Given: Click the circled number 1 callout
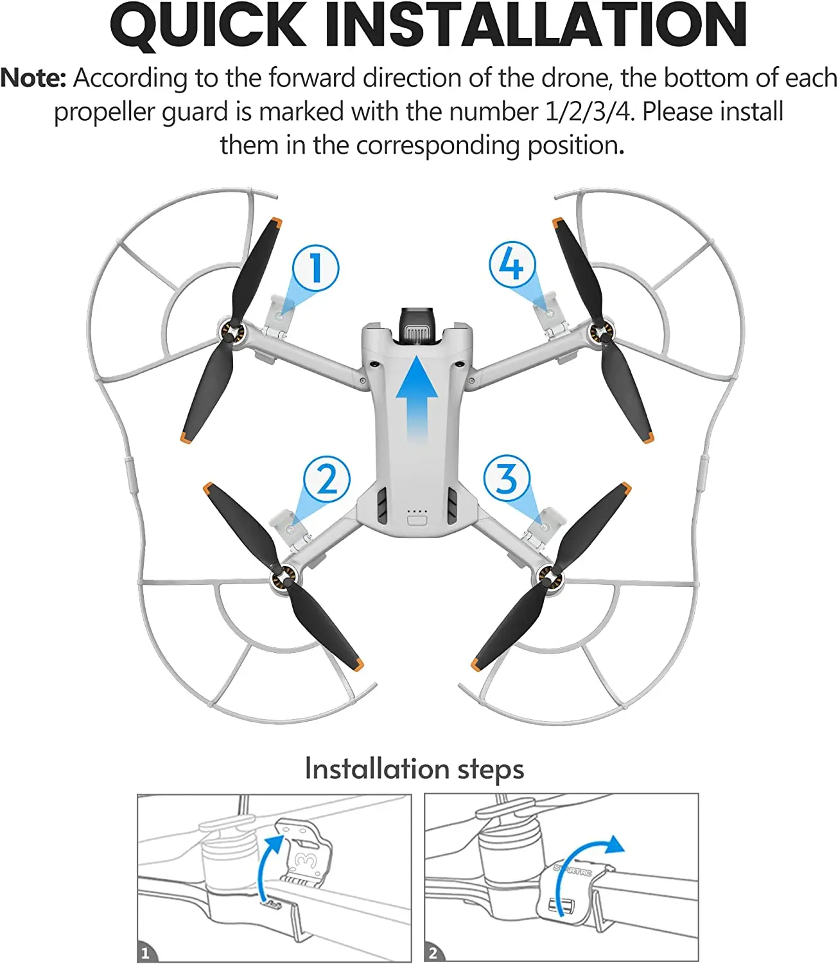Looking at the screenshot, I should click(x=315, y=268).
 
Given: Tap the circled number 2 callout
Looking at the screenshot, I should click(x=327, y=479).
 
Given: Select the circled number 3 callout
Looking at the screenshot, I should click(x=507, y=478).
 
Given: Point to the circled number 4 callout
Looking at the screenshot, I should click(x=512, y=264).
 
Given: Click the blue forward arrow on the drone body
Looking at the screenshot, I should click(x=417, y=398).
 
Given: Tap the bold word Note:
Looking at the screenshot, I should click(x=33, y=78).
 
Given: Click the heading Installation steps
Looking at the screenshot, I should click(x=414, y=769).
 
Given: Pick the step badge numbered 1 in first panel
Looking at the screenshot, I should click(x=145, y=953).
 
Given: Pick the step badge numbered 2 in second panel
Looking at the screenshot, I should click(x=433, y=953).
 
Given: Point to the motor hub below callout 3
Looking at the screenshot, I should click(x=548, y=576).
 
